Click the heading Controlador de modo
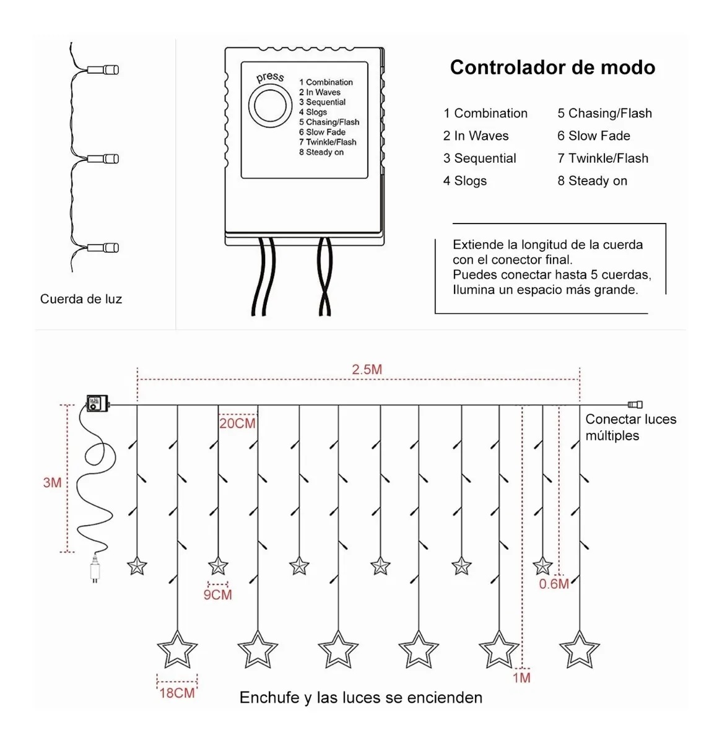[x=552, y=67]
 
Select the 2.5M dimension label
[x=367, y=370]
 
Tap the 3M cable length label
[x=52, y=482]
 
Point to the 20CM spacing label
[x=237, y=424]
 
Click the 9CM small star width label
[x=217, y=595]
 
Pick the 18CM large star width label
[x=177, y=693]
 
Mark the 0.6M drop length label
[x=554, y=584]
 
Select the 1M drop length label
[x=521, y=677]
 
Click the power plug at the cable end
[x=94, y=570]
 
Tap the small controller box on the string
[x=97, y=403]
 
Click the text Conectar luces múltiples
[x=630, y=427]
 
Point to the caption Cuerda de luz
[x=81, y=299]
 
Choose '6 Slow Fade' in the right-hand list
[x=593, y=136]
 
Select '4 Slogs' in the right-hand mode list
[x=465, y=181]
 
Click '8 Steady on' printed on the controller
[x=321, y=152]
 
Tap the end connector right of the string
[x=635, y=405]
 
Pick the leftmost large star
[x=177, y=650]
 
